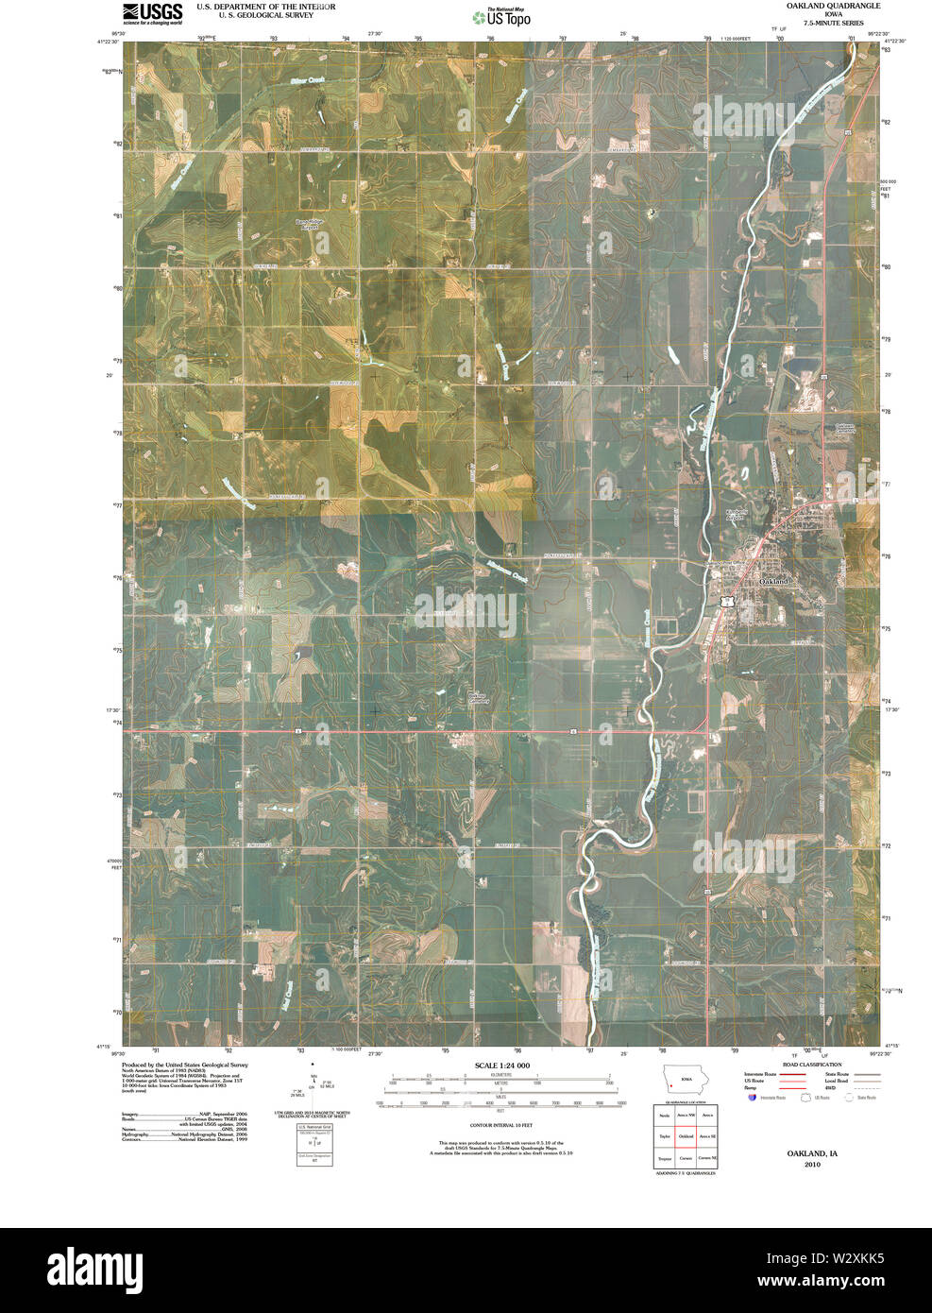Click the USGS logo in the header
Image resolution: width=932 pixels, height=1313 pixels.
pyautogui.click(x=152, y=12)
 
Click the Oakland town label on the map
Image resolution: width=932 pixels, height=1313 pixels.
pyautogui.click(x=774, y=582)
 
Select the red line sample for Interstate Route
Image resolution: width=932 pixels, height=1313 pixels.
pyautogui.click(x=793, y=1075)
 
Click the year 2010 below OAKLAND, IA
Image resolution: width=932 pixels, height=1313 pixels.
pyautogui.click(x=811, y=1165)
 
